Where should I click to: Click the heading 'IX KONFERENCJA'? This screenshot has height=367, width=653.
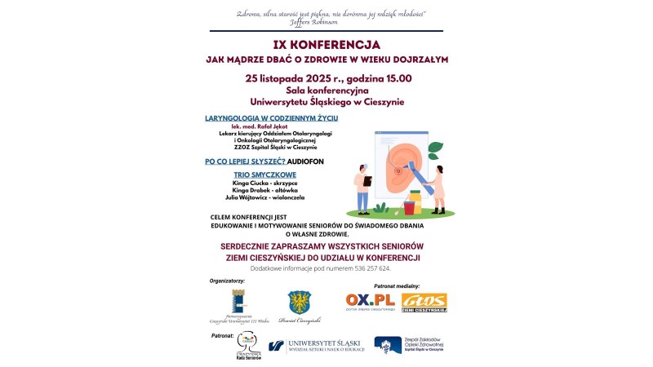(326, 44)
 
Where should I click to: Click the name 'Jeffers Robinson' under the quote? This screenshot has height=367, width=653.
(326, 22)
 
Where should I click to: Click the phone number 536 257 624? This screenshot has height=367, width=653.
(371, 268)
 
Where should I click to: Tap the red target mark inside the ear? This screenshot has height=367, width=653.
(398, 171)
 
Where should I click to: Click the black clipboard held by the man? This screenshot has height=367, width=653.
(368, 180)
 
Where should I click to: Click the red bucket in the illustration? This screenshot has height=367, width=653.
(409, 208)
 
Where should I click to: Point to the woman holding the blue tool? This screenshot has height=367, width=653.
(439, 188)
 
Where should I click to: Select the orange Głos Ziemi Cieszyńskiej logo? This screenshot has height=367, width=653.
(424, 303)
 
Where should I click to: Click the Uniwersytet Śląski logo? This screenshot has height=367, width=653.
(318, 346)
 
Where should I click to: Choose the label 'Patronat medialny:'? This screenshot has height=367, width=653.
(397, 286)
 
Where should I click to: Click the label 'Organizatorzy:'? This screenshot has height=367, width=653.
(228, 281)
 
